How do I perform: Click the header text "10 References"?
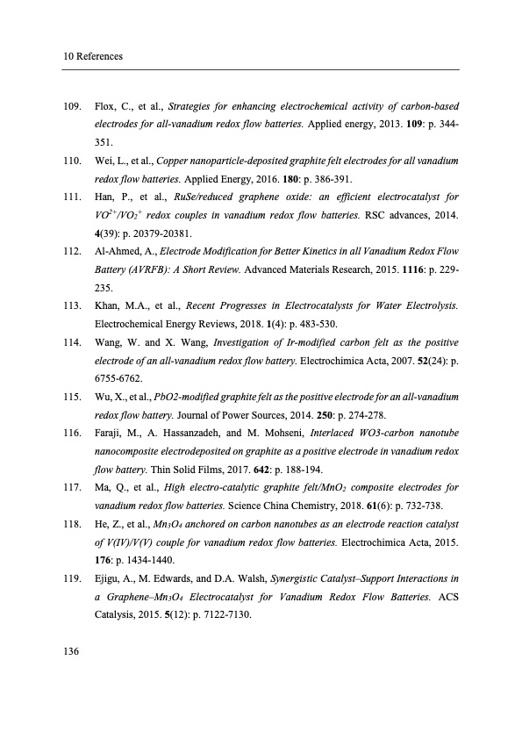tap(92, 57)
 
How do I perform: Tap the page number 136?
tap(73, 650)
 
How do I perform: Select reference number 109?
tap(73, 107)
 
